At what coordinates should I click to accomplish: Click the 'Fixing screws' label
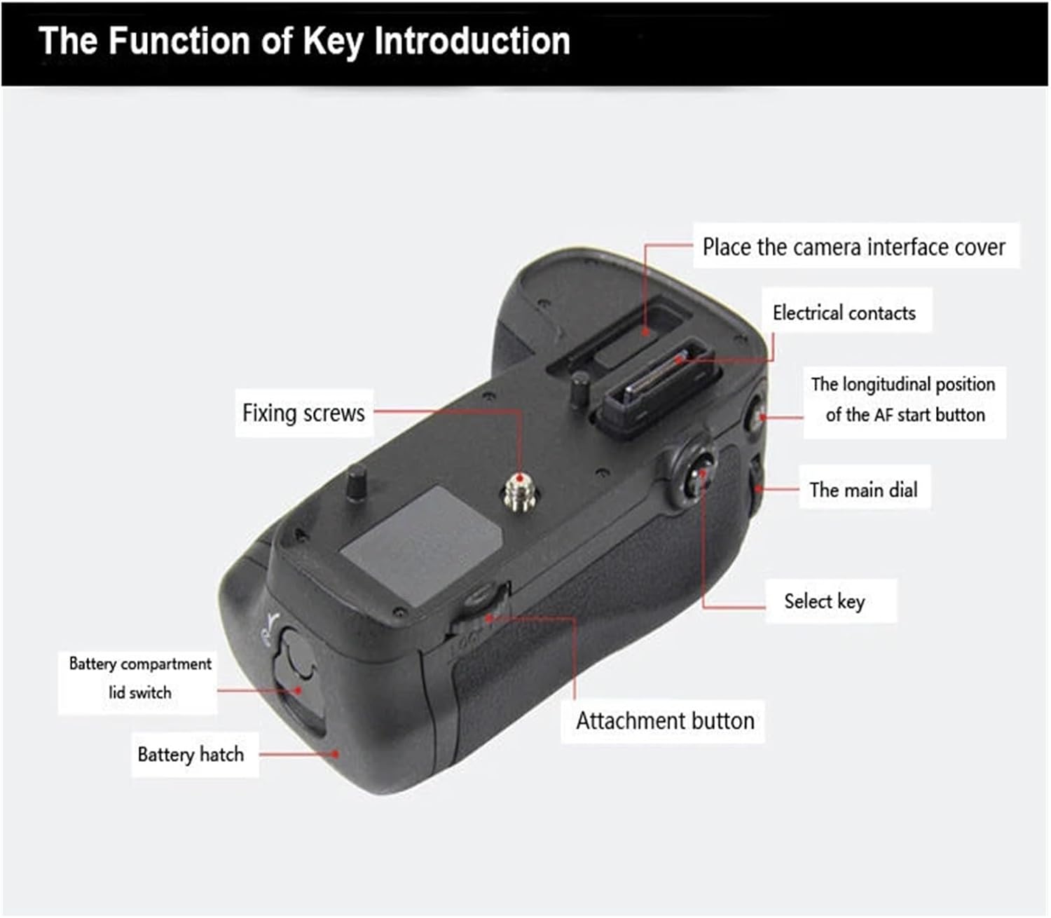(x=303, y=413)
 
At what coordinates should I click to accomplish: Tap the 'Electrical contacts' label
(x=844, y=313)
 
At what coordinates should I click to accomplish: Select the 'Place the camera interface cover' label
(x=853, y=247)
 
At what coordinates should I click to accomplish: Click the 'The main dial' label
(x=863, y=490)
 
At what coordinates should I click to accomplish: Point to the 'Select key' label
(x=825, y=601)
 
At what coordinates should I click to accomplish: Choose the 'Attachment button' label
(x=664, y=720)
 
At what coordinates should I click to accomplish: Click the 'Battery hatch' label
(x=191, y=755)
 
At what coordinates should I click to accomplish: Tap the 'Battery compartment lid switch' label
(x=139, y=678)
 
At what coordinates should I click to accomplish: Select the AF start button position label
(x=905, y=399)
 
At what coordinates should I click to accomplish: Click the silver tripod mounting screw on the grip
(x=518, y=491)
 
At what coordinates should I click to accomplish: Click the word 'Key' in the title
(x=333, y=41)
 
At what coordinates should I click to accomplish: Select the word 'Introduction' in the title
(x=472, y=41)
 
